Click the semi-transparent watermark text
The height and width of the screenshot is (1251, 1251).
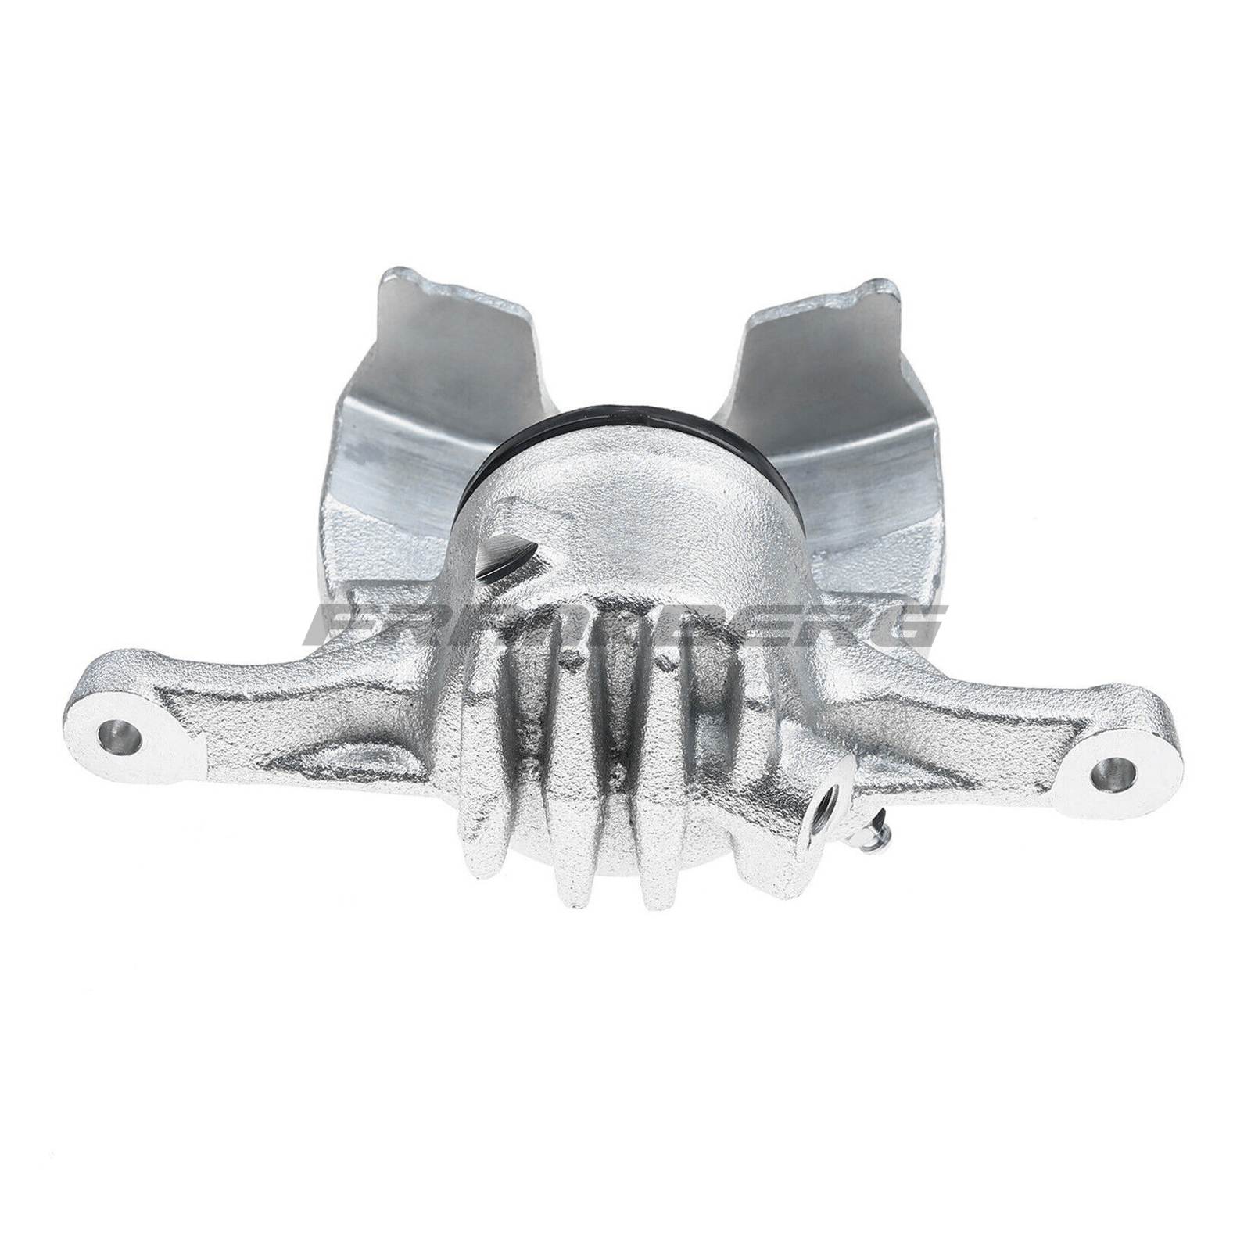[625, 625]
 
